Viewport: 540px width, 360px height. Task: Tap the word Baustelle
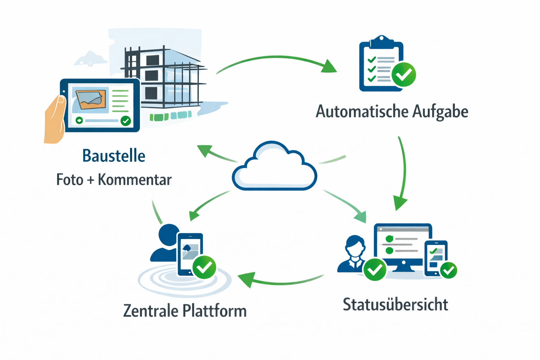tap(114, 156)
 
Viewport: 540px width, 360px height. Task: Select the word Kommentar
tap(135, 180)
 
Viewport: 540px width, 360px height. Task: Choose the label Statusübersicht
tap(395, 304)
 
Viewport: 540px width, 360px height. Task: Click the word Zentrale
tap(151, 311)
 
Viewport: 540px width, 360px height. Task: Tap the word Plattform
tap(215, 311)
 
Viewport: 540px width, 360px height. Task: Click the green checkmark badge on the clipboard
tap(404, 75)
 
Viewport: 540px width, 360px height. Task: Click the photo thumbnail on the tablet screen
tap(91, 99)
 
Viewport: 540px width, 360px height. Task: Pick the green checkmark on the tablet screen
tap(126, 121)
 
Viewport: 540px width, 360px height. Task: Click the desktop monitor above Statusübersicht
tap(403, 246)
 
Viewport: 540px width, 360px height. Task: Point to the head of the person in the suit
tap(355, 244)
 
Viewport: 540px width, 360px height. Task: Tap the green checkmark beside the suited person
tap(375, 270)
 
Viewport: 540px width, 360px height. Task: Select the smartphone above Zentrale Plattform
tap(190, 254)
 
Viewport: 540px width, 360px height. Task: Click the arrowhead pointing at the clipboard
tap(329, 67)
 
